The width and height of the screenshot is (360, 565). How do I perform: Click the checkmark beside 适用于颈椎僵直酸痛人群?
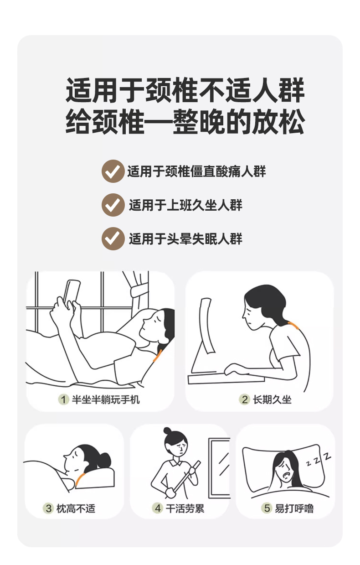(x=113, y=171)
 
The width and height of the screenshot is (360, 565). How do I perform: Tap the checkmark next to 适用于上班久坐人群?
(x=113, y=205)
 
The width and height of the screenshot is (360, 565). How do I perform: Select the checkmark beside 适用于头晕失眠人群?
(x=113, y=238)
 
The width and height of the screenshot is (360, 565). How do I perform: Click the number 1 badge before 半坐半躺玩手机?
(x=63, y=399)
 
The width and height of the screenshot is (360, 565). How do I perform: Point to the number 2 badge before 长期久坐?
(x=244, y=399)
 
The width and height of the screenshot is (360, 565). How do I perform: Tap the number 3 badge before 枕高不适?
(x=48, y=508)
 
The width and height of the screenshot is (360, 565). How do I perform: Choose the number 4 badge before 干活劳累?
(x=158, y=508)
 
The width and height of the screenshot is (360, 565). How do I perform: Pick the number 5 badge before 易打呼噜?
(x=267, y=508)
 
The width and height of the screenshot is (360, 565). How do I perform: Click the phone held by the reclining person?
(x=72, y=293)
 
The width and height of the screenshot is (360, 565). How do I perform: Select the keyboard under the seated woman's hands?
(x=226, y=378)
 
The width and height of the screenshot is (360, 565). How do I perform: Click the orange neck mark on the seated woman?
(x=294, y=325)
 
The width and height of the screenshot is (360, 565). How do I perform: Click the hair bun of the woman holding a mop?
(x=167, y=430)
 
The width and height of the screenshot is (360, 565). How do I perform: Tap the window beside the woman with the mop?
(x=219, y=468)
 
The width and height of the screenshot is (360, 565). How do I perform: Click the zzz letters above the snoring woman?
(x=319, y=460)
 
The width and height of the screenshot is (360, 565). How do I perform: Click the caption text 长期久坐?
(x=272, y=400)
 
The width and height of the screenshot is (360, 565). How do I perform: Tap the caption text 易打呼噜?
(x=294, y=508)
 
